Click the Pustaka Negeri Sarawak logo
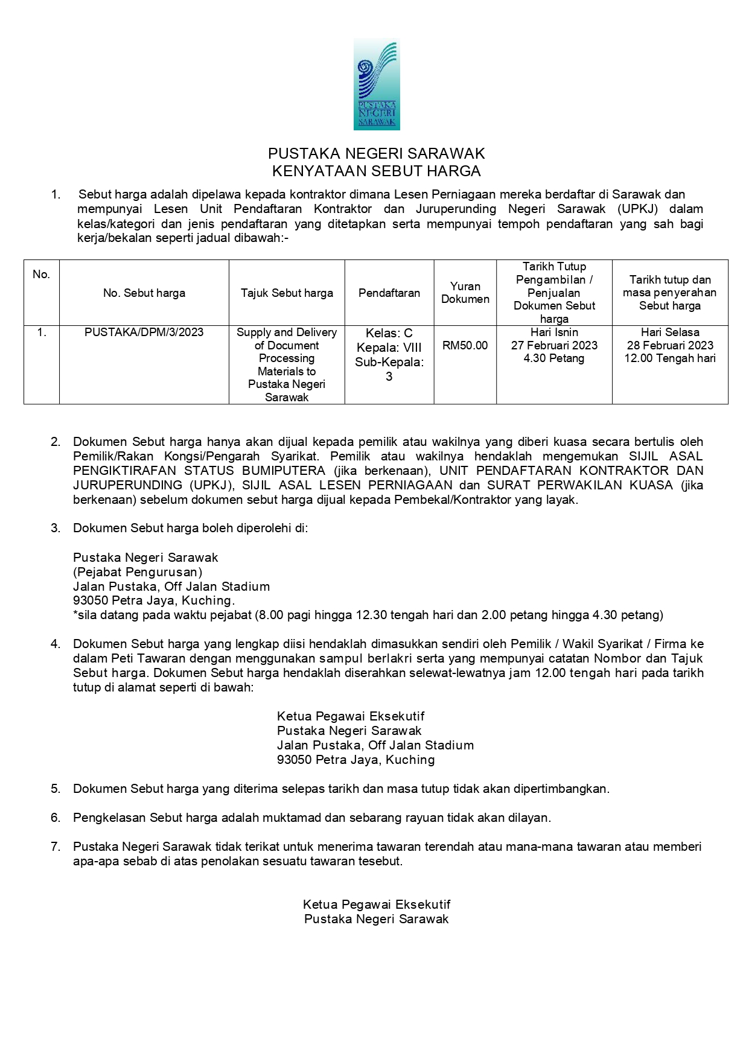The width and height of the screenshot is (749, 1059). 377,84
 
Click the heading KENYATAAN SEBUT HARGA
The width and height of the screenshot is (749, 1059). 376,171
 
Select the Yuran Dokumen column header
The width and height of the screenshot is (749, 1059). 465,293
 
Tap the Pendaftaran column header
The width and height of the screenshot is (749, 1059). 389,293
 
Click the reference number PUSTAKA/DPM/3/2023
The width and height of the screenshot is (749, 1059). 144,332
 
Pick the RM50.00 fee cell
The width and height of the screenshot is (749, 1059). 465,346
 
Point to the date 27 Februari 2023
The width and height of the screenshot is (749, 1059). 554,346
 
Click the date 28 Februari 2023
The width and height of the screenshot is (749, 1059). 670,346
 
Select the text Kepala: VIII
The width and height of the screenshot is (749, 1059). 389,348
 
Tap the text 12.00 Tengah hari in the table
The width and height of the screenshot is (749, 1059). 670,359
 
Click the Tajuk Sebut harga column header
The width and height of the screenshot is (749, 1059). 287,293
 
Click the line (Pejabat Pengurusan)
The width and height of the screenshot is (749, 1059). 138,572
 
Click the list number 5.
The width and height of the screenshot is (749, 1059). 56,789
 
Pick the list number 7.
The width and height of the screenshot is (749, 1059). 56,847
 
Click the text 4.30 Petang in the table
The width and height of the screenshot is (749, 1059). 554,359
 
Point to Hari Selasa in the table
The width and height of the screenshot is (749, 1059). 670,332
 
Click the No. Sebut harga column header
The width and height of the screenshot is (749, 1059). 144,293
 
